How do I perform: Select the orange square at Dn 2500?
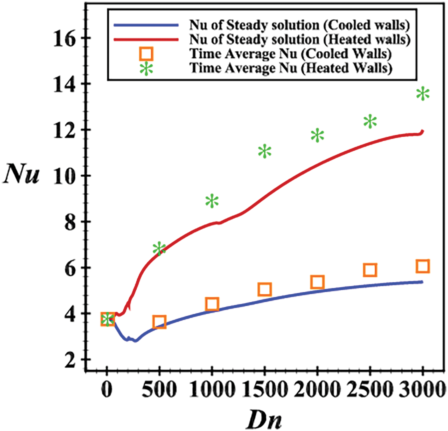point(370,270)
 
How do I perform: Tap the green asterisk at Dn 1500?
point(265,151)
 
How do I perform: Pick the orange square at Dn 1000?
point(212,304)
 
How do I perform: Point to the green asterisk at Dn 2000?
point(317,135)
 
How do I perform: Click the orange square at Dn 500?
point(159,322)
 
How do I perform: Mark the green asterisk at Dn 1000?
point(212,201)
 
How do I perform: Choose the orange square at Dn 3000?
point(423,266)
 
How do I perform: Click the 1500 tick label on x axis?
point(265,387)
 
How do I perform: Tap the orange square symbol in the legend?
point(147,54)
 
